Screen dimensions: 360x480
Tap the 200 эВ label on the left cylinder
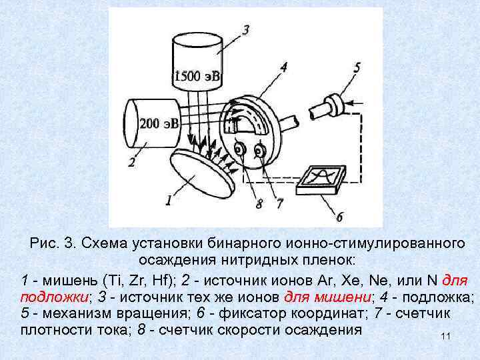coord(159,123)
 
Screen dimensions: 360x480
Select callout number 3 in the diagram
coord(247,30)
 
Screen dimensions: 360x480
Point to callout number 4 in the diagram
coord(284,67)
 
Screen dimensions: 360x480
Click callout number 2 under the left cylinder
coord(132,162)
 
